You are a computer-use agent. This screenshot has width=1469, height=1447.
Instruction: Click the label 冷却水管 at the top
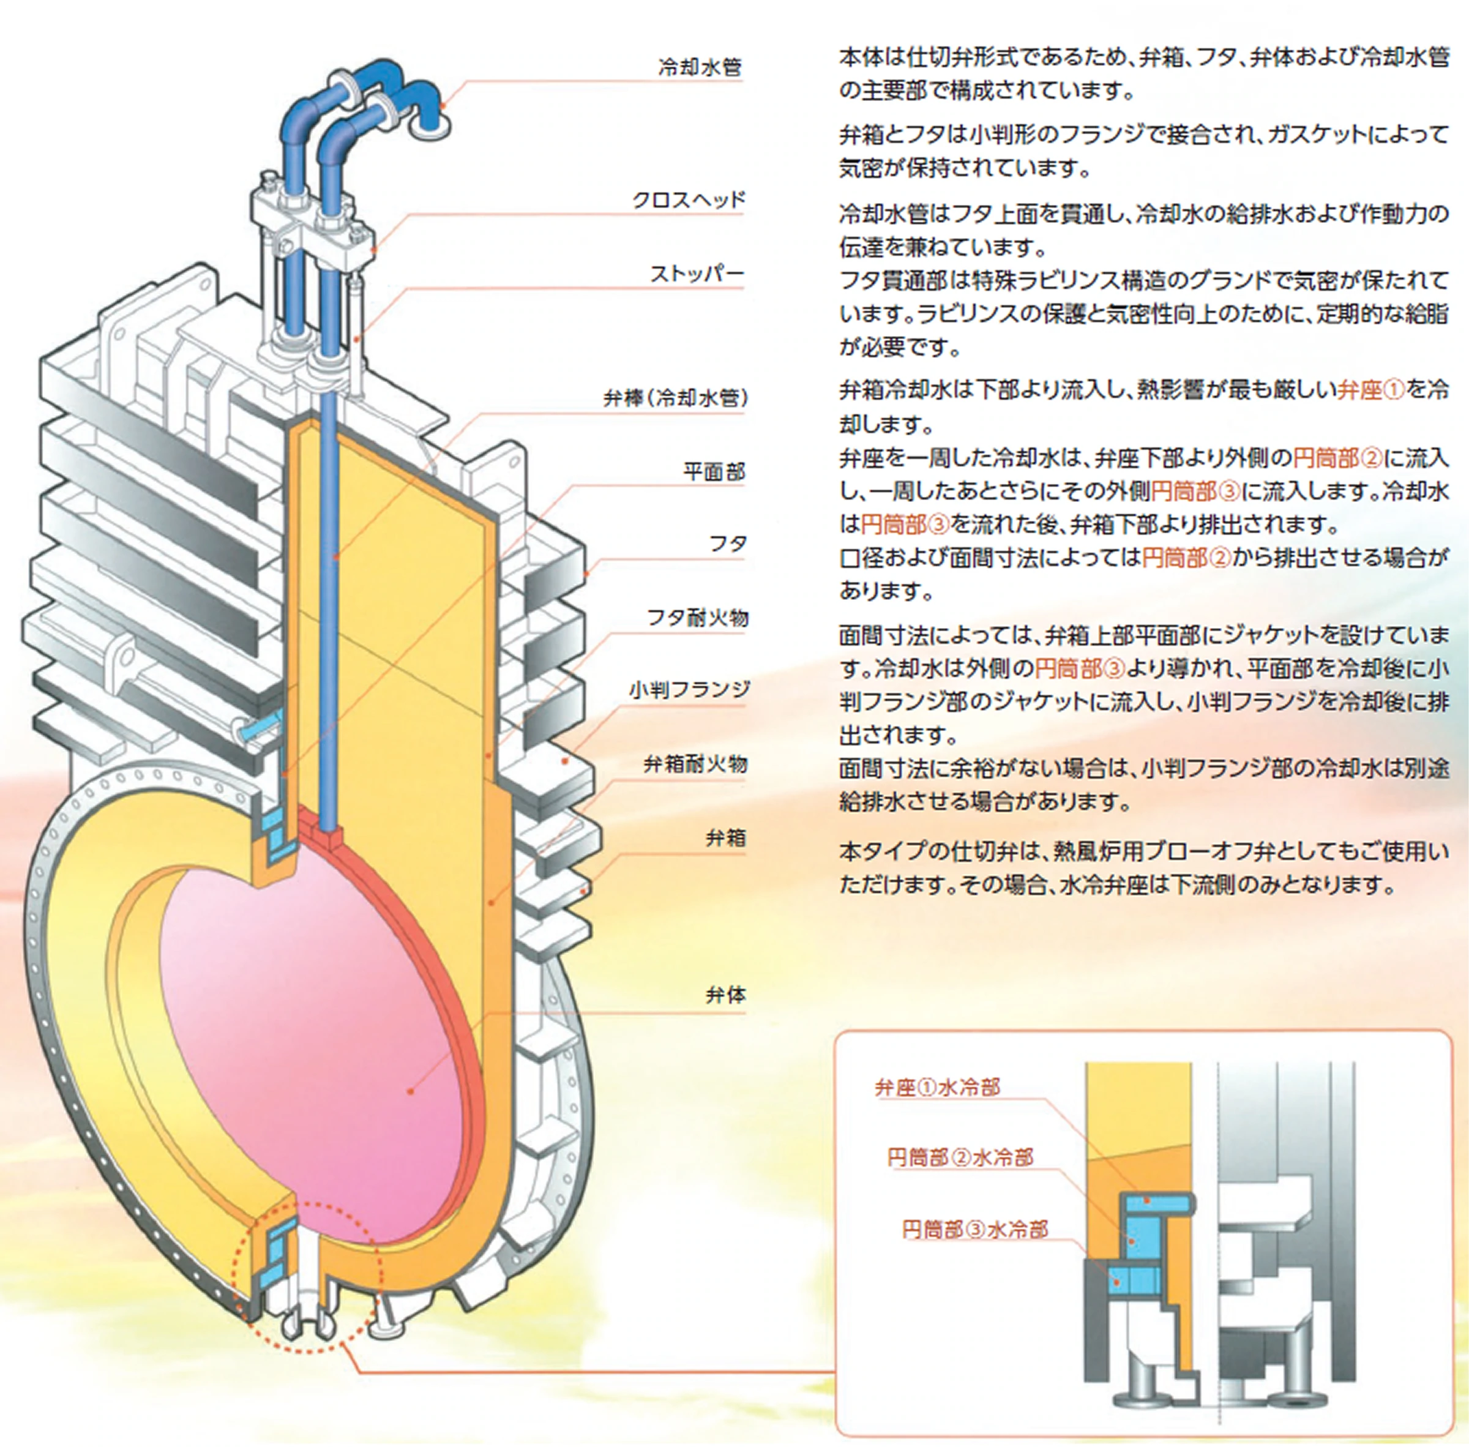(x=699, y=68)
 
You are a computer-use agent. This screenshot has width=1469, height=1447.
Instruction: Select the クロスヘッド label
(x=689, y=200)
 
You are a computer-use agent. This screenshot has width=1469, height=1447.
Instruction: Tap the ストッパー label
(x=696, y=274)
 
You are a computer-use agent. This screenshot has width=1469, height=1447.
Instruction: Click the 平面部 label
(x=714, y=472)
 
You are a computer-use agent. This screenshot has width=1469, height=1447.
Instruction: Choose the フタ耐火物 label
(x=697, y=618)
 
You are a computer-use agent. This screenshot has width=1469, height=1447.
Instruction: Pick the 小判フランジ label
(x=689, y=690)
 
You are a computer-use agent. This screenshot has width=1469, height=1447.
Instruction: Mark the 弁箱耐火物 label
(x=695, y=765)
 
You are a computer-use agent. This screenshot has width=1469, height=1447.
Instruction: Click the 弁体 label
(x=725, y=995)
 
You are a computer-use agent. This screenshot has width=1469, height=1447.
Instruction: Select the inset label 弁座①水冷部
(x=937, y=1088)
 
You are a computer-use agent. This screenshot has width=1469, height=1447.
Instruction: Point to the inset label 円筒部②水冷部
(x=960, y=1158)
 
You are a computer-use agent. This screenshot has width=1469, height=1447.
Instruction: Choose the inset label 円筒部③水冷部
(x=974, y=1229)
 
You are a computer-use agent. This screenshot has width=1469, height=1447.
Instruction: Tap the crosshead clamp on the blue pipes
(x=312, y=220)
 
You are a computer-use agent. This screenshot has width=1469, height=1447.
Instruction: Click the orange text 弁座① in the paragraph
(x=1370, y=391)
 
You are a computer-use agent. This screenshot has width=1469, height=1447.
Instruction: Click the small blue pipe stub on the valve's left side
(x=253, y=730)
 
